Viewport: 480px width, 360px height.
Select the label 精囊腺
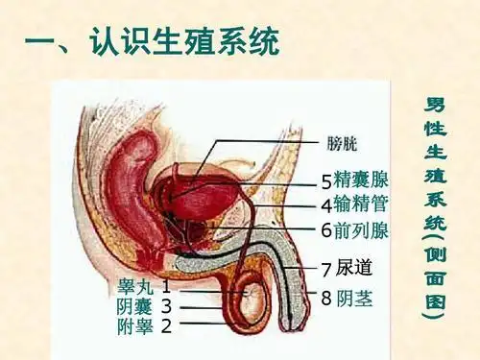pos(362,180)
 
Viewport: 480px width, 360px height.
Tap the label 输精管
pos(362,204)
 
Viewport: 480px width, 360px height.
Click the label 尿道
pos(354,267)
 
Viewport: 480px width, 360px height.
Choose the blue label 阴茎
pos(354,298)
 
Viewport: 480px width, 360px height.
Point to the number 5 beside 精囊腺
pos(326,181)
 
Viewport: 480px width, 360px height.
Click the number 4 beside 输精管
pos(326,205)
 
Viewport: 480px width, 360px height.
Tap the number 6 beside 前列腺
pos(326,230)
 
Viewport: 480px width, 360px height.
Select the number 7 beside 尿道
pos(326,268)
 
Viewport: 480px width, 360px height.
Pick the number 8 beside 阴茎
pos(326,299)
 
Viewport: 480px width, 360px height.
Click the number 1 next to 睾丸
pos(167,286)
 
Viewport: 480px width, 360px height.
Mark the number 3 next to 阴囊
pos(167,306)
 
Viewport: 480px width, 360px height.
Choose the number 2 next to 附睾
pos(167,326)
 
